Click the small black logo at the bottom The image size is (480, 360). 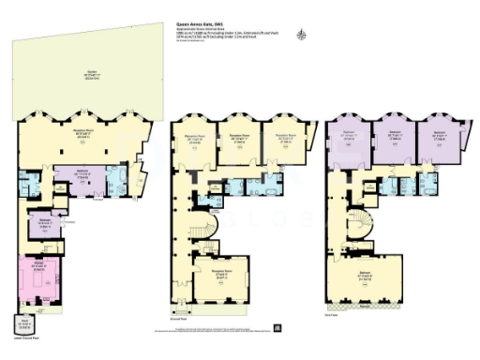click(x=277, y=327)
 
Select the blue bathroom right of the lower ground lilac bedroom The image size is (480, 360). click(x=120, y=179)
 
